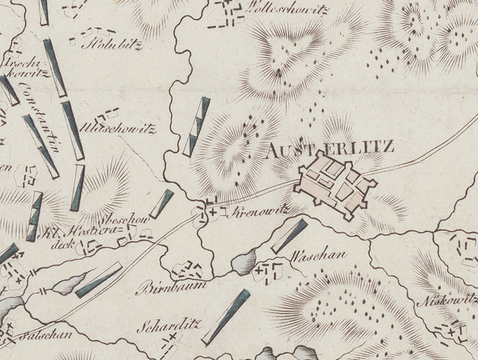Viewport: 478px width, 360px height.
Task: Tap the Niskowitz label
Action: tap(448, 300)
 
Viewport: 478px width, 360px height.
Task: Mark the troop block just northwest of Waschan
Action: tap(289, 236)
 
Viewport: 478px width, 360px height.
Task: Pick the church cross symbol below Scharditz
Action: tap(170, 341)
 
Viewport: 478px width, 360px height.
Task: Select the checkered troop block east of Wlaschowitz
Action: tap(196, 127)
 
